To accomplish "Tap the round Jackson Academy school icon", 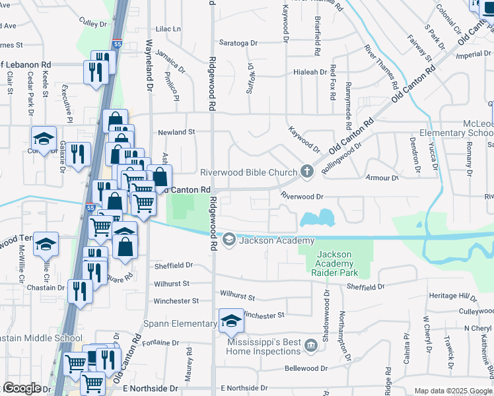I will pos(229,240).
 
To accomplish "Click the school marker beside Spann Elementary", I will pos(231,321).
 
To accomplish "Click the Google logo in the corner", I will pos(21,388).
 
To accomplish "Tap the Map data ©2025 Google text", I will pos(453,391).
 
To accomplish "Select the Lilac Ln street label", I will pos(168,29).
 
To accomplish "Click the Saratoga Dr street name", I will pos(238,43).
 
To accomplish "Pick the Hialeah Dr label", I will pos(310,72).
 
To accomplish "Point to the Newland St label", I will pos(176,132).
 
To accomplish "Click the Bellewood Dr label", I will pos(306,368).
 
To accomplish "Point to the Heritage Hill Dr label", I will pos(452,297).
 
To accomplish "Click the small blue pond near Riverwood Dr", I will pos(318,218).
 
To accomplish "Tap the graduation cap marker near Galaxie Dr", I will pos(44,139).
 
